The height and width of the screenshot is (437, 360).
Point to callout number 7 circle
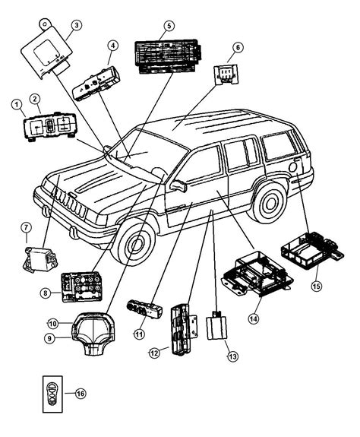(x=25, y=227)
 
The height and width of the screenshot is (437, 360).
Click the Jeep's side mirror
(x=179, y=185)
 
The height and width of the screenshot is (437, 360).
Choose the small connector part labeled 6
(x=225, y=74)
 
